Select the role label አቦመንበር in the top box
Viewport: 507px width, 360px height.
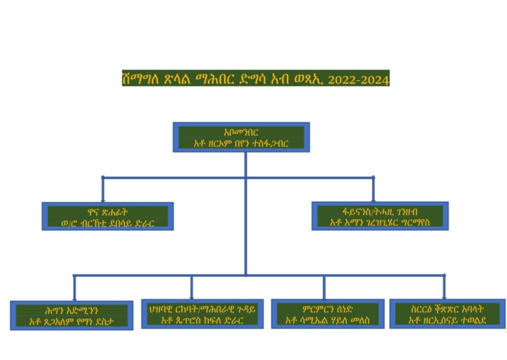tap(241, 132)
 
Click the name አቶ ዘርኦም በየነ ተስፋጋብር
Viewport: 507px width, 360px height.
tap(241, 143)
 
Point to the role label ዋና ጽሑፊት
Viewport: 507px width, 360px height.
tap(107, 211)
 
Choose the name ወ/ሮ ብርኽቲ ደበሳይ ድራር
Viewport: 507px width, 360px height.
tap(107, 222)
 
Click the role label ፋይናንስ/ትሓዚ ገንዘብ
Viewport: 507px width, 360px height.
tap(380, 210)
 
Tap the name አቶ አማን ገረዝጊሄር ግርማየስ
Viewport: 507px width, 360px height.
tap(380, 221)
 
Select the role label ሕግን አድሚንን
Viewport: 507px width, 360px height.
tap(71, 310)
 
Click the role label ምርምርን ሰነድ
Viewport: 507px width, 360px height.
tap(328, 309)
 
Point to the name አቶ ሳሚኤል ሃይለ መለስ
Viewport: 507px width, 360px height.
tap(328, 320)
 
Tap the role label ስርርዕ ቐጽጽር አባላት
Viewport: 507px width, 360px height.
tap(447, 309)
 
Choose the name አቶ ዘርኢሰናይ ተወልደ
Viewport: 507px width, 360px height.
tap(447, 320)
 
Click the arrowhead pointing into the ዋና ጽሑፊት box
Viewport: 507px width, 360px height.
tap(103, 199)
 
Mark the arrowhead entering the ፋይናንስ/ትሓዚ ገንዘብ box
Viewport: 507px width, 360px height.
tap(373, 198)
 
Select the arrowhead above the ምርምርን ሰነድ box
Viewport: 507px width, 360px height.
tap(324, 296)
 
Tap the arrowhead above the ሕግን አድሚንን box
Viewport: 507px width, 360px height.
tap(74, 297)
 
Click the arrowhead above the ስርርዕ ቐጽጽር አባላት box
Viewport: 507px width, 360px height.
tap(444, 296)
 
